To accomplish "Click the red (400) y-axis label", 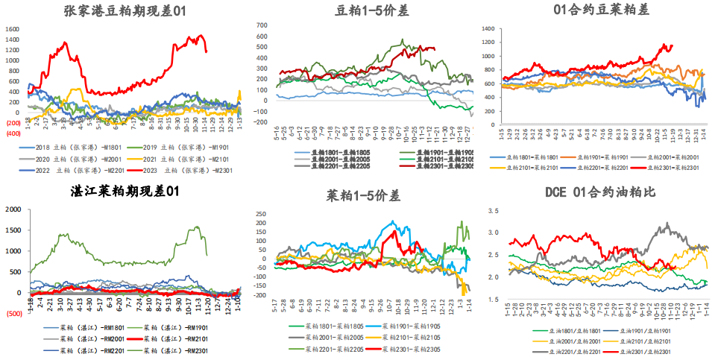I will tap(13, 133).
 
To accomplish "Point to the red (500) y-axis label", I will tap(13, 314).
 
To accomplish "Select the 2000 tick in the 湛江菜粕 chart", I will tap(13, 209).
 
